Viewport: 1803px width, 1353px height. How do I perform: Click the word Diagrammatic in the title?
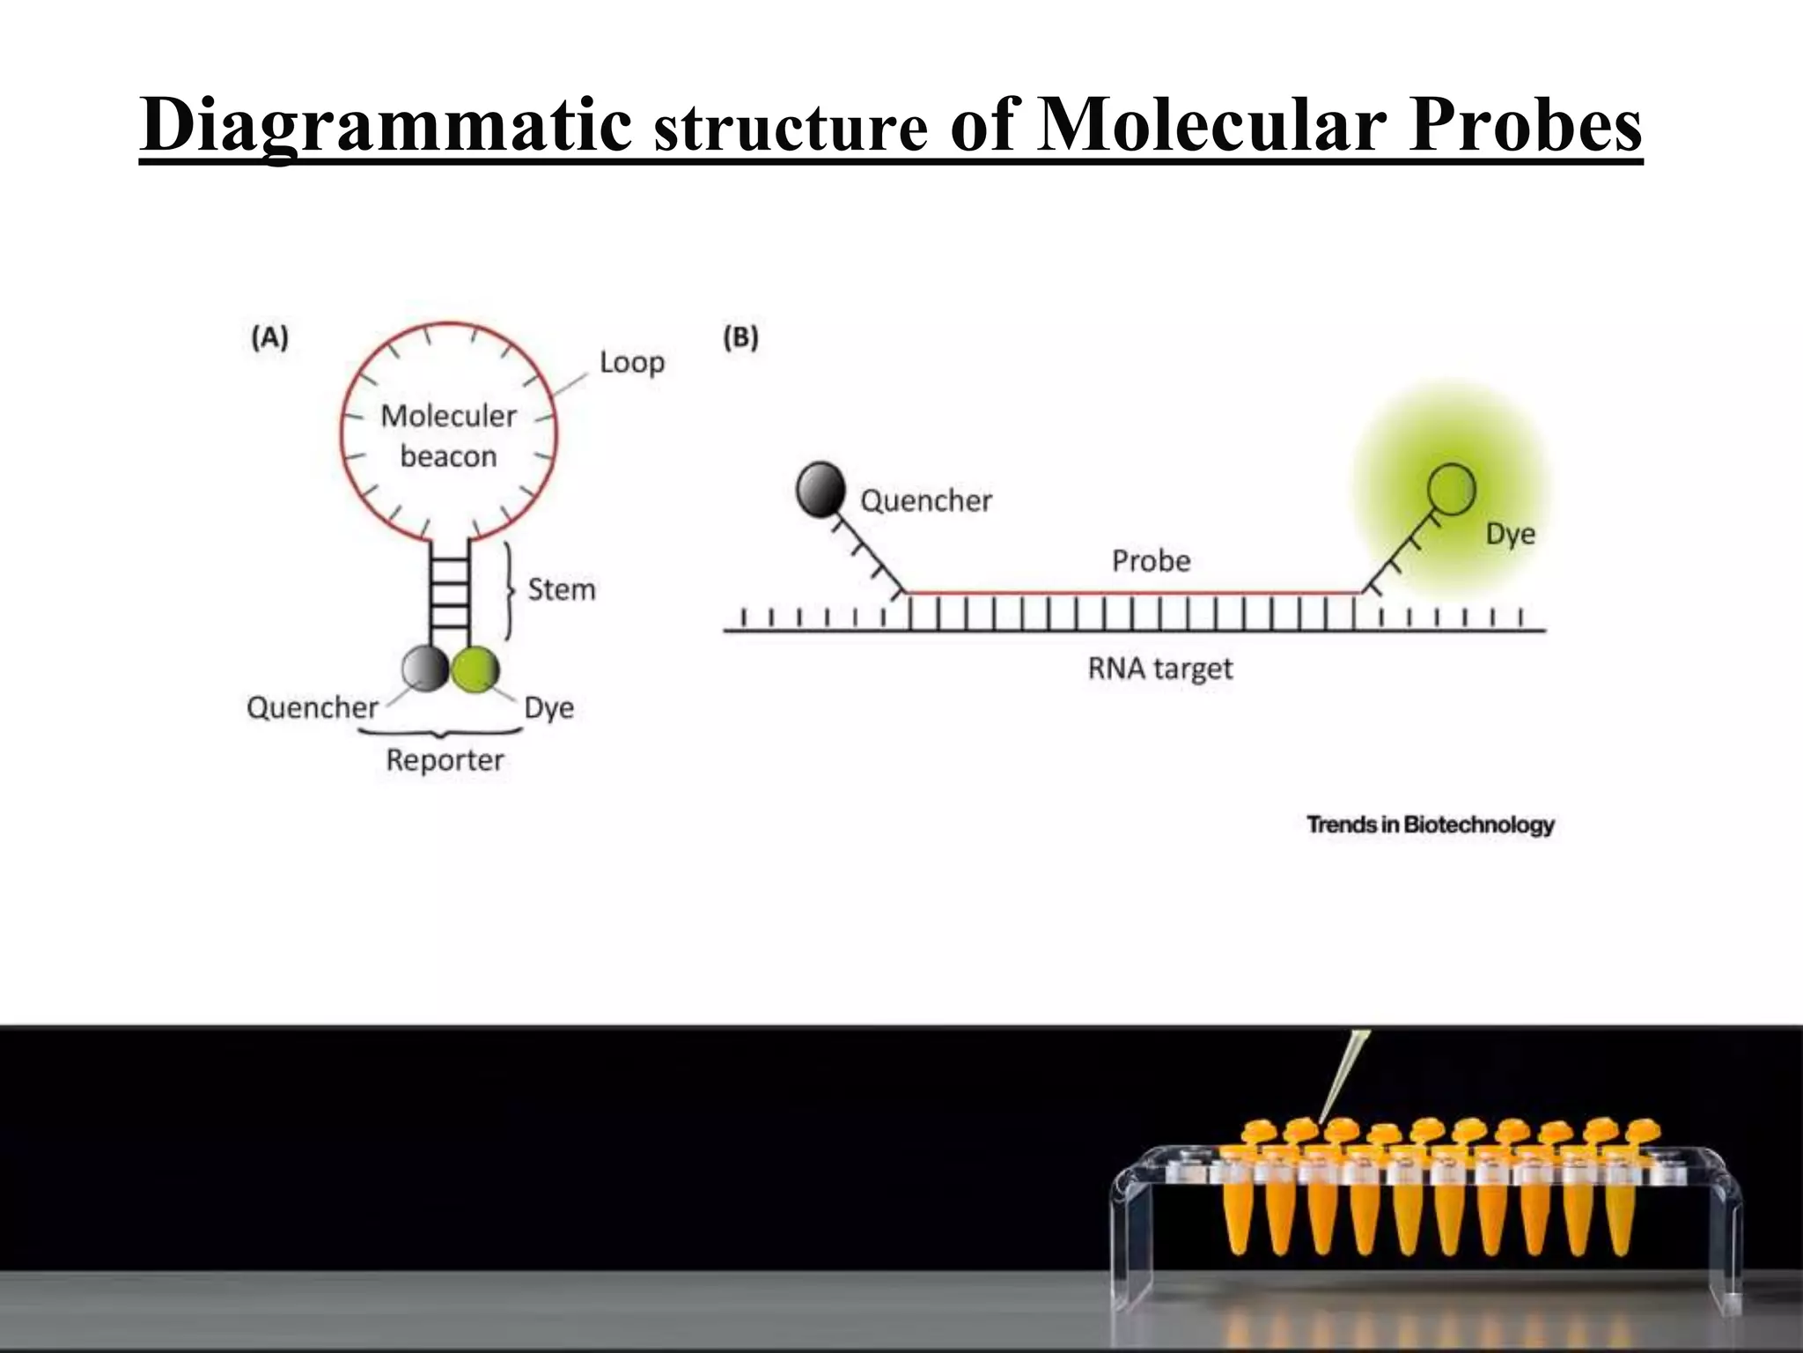386,126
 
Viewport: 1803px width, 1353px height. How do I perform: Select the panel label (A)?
269,338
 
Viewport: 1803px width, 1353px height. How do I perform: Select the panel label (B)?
740,338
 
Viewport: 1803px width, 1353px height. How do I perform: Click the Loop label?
631,362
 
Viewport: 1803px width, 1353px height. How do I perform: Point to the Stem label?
562,589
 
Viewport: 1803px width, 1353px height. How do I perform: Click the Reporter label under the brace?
445,760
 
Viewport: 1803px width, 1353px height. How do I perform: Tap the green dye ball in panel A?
475,669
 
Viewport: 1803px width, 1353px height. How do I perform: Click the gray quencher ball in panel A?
425,669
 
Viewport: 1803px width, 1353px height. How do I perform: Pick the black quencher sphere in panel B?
821,489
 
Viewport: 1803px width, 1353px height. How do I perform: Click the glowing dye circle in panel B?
1450,489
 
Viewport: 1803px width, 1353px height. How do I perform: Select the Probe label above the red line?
1151,561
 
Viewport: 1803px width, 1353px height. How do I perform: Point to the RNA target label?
1159,669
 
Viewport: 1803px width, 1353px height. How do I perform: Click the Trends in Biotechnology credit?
1430,825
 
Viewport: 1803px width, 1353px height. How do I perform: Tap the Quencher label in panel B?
925,501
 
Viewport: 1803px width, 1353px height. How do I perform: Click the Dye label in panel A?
548,708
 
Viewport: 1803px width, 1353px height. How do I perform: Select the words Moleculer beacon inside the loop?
448,436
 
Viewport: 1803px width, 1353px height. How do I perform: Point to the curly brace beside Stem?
510,589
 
